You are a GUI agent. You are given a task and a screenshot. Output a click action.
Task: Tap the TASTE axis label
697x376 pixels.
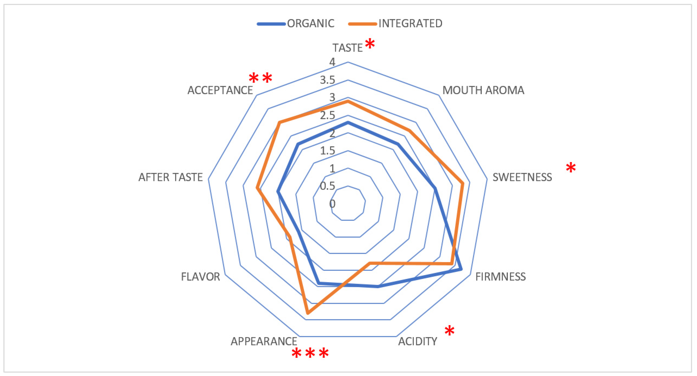(x=347, y=48)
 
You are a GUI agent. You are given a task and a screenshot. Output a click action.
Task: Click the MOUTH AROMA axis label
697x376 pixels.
(x=483, y=90)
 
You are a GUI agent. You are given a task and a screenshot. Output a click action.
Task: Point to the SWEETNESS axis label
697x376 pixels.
(x=522, y=177)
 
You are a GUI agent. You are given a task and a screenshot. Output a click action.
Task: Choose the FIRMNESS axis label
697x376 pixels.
(x=500, y=277)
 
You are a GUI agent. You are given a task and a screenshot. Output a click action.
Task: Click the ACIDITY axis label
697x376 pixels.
(x=418, y=341)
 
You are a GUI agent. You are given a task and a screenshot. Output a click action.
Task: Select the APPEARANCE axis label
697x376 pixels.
(x=264, y=341)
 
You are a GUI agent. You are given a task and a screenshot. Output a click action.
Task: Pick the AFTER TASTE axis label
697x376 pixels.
(x=170, y=177)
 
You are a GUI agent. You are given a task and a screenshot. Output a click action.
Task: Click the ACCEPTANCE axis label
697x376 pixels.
(x=220, y=90)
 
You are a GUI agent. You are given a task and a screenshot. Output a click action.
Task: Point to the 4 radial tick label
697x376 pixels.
(x=332, y=62)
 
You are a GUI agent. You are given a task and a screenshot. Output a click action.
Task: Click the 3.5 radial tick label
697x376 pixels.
(x=328, y=80)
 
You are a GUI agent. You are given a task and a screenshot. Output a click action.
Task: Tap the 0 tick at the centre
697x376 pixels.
(x=332, y=204)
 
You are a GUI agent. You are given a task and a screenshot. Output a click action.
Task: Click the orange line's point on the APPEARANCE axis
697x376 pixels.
(x=308, y=314)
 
